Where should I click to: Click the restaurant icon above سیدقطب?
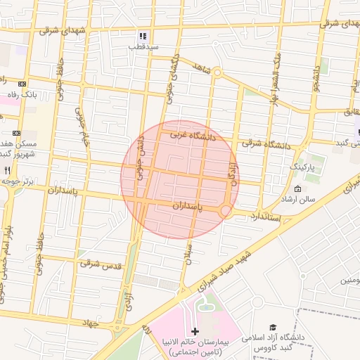[143, 36]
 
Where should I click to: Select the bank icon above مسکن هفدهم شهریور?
[16, 132]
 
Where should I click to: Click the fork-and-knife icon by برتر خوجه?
[7, 170]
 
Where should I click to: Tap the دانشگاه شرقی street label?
[266, 144]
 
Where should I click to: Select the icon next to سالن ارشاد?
[297, 188]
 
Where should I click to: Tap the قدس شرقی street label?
[101, 265]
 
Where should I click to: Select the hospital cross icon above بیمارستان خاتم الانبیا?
[195, 330]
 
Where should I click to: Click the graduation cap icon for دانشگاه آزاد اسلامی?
[273, 327]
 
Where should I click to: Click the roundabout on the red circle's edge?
[226, 210]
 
